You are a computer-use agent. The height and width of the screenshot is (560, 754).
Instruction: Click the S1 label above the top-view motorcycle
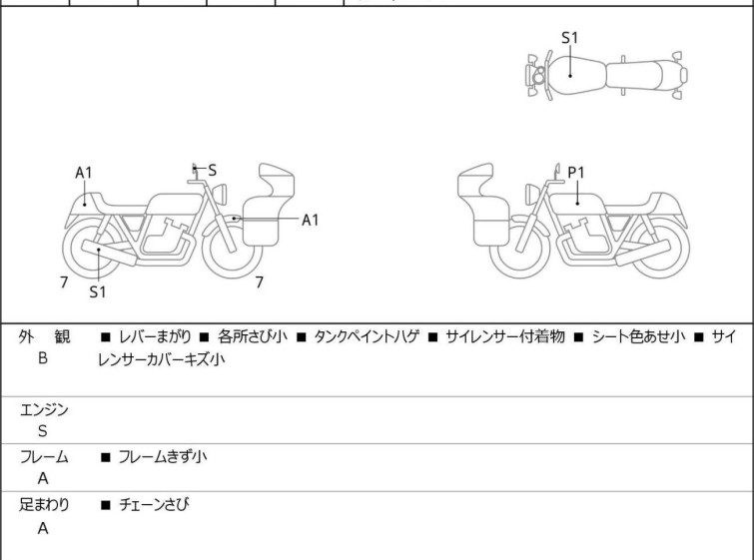[569, 38]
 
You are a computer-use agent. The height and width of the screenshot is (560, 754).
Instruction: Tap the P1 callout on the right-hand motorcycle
[576, 173]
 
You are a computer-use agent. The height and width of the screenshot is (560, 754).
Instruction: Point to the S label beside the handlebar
[213, 171]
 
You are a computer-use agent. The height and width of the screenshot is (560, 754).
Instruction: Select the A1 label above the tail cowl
[84, 173]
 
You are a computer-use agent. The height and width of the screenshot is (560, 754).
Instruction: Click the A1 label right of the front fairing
[311, 220]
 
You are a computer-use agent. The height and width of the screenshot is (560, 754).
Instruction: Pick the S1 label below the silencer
[98, 292]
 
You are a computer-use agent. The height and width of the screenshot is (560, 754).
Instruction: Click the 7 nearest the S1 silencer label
[63, 282]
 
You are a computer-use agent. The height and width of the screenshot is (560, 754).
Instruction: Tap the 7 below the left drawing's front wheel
[259, 282]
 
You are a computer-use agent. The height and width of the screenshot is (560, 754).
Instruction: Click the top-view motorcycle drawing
[605, 73]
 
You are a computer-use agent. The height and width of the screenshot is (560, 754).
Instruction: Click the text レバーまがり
[151, 337]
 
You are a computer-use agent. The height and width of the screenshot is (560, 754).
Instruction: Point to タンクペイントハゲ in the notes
[364, 337]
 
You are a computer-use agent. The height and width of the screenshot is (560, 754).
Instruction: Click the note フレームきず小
[162, 457]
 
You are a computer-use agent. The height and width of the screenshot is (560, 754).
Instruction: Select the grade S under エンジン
[43, 431]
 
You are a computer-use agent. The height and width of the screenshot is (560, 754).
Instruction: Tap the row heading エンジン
[43, 409]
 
